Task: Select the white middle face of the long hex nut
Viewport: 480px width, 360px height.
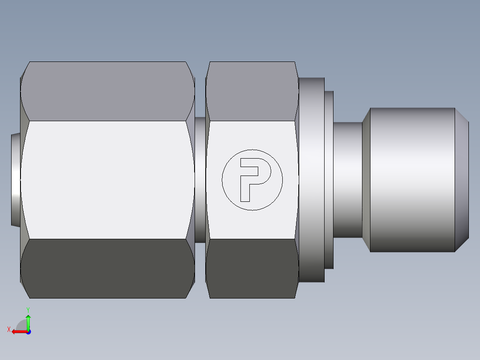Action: [x=107, y=180]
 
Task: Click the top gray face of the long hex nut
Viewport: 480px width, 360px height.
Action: [x=107, y=91]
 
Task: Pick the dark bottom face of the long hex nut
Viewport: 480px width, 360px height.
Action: [x=107, y=268]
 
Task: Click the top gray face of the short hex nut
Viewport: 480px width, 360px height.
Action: [x=252, y=91]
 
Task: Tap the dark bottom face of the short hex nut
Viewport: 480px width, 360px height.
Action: [x=252, y=268]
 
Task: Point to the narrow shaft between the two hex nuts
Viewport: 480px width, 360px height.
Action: [x=200, y=180]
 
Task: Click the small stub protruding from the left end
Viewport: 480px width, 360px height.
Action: [x=15, y=180]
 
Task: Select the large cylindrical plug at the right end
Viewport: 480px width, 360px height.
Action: [x=412, y=180]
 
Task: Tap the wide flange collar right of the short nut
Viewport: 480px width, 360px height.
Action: [x=311, y=180]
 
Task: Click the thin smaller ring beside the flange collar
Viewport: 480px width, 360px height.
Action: [x=329, y=180]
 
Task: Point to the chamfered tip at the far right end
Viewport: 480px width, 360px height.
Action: [x=462, y=180]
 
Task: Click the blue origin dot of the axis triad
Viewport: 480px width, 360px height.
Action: [x=28, y=332]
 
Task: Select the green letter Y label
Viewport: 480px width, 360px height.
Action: [x=28, y=309]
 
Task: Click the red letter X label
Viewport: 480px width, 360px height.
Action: [x=8, y=330]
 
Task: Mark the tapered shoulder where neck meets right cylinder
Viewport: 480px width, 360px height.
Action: [x=366, y=180]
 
